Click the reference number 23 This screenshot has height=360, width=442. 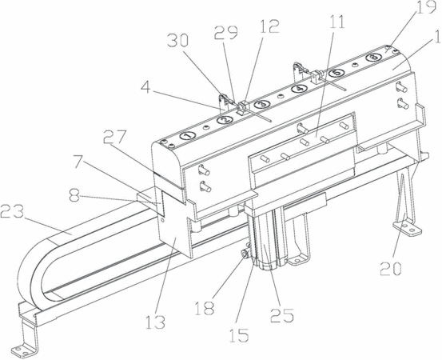point(12,212)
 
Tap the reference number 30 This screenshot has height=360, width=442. point(178,40)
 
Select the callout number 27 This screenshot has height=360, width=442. point(114,138)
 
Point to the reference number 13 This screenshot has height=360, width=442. point(155,322)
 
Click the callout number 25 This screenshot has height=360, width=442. point(282,315)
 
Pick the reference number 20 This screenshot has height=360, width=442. point(391,269)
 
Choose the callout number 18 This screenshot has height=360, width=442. point(205,308)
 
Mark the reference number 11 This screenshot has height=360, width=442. point(338,22)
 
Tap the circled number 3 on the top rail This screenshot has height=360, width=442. point(262,104)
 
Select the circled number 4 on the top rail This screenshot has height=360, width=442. point(300,89)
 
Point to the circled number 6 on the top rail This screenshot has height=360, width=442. point(374,58)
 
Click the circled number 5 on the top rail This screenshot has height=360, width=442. point(336,73)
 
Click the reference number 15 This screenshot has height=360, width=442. point(239,335)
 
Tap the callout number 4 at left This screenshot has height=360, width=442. point(145,88)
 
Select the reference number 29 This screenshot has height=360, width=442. point(225,33)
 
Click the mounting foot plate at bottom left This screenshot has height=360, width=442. point(24,350)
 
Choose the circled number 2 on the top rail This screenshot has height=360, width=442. point(225,121)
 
